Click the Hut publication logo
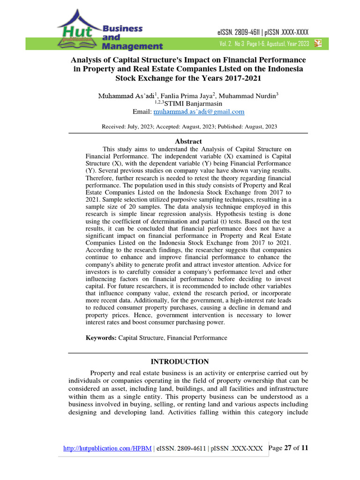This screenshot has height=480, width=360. click(77, 31)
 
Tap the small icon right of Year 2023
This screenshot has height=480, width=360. click(318, 44)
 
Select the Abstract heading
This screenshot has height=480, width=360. click(188, 141)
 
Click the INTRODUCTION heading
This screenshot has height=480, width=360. click(180, 361)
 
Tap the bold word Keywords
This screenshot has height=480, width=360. click(101, 337)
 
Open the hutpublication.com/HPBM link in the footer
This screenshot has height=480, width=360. click(107, 449)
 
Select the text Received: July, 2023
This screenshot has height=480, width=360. click(124, 127)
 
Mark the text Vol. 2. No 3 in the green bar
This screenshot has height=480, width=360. click(236, 44)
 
